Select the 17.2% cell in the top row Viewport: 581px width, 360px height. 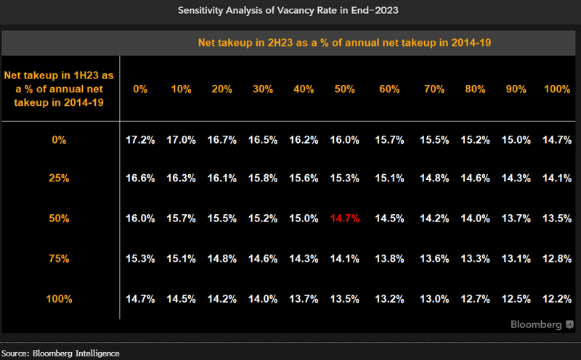click(x=140, y=140)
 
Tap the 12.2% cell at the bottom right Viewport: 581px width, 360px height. click(x=557, y=298)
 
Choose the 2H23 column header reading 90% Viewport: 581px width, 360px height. click(x=517, y=89)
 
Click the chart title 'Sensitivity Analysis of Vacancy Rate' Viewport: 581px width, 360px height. click(x=290, y=11)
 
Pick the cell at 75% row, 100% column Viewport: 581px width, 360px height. click(x=557, y=258)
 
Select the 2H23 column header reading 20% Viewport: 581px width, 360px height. click(x=222, y=89)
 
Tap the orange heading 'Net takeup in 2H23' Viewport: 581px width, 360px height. click(x=345, y=43)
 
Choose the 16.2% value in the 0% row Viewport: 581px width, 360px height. click(x=304, y=140)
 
